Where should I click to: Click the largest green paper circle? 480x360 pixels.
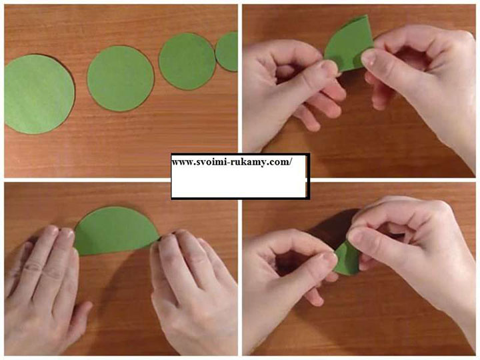tap(39, 94)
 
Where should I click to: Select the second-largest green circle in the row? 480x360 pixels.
tap(120, 79)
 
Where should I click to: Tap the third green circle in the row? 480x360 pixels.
tap(187, 61)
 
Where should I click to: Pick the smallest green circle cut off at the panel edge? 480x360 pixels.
tap(227, 52)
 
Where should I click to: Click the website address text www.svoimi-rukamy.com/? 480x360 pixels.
tap(232, 162)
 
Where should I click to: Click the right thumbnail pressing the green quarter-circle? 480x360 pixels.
tap(369, 57)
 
